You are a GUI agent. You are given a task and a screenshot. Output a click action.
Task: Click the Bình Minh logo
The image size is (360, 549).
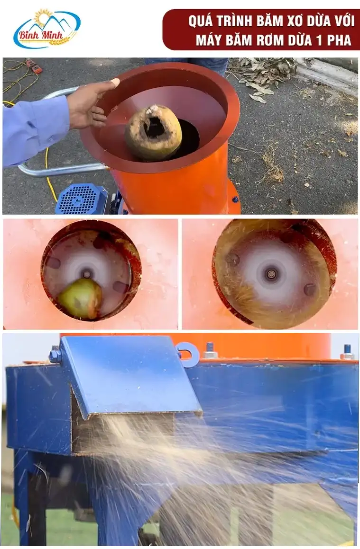pyautogui.click(x=46, y=29)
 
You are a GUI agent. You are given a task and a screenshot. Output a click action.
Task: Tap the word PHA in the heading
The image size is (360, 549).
pyautogui.click(x=338, y=40)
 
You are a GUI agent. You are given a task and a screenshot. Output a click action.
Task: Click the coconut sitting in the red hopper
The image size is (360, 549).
pyautogui.click(x=154, y=132)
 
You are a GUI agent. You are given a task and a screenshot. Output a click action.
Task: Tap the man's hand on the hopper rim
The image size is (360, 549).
pyautogui.click(x=91, y=104)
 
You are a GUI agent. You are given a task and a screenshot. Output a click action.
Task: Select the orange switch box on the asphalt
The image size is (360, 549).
pyautogui.click(x=34, y=66)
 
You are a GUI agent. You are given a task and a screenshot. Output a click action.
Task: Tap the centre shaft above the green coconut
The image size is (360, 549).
pyautogui.click(x=86, y=272)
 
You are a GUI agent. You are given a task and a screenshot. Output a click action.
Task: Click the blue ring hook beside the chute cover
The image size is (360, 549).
pyautogui.click(x=189, y=354)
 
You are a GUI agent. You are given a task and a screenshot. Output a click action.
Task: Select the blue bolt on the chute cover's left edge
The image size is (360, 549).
pyautogui.click(x=55, y=355)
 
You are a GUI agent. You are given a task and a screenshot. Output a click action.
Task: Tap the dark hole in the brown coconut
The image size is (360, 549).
pyautogui.click(x=154, y=128)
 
